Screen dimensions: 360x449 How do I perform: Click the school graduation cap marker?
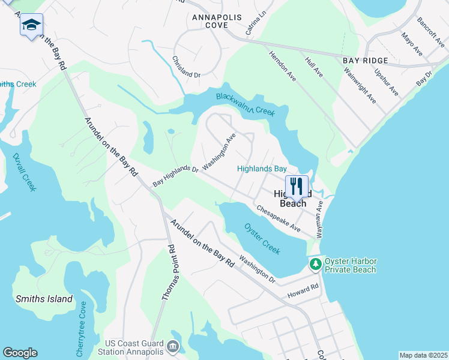[31, 25]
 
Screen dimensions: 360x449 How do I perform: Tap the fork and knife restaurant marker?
[297, 185]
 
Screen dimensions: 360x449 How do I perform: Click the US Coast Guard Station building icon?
[173, 346]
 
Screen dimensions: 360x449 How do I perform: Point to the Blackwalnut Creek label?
[246, 104]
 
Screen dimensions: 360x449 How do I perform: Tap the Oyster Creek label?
[262, 236]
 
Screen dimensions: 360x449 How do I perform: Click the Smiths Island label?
[44, 299]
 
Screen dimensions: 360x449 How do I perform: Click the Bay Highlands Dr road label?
[175, 176]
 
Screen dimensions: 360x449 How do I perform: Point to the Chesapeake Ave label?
[279, 218]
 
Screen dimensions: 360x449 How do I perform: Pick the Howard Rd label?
[303, 290]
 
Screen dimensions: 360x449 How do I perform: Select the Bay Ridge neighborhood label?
[365, 61]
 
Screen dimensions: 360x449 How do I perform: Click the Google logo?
[20, 353]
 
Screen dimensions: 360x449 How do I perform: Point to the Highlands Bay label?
[262, 169]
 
